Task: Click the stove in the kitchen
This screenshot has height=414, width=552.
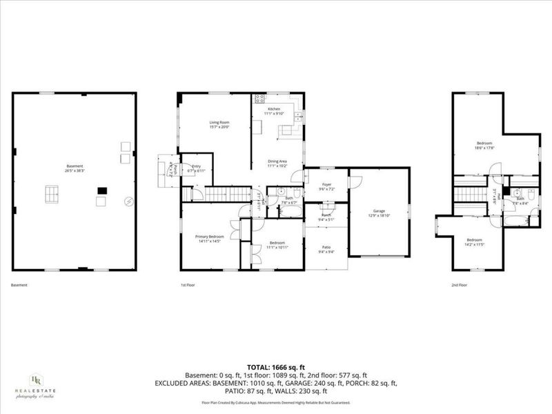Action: [259, 99]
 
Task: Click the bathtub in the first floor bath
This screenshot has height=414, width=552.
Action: [290, 210]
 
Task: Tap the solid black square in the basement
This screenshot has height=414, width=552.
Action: [103, 190]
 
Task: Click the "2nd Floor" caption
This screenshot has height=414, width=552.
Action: [458, 285]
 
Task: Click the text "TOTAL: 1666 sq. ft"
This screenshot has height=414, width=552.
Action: [276, 366]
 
